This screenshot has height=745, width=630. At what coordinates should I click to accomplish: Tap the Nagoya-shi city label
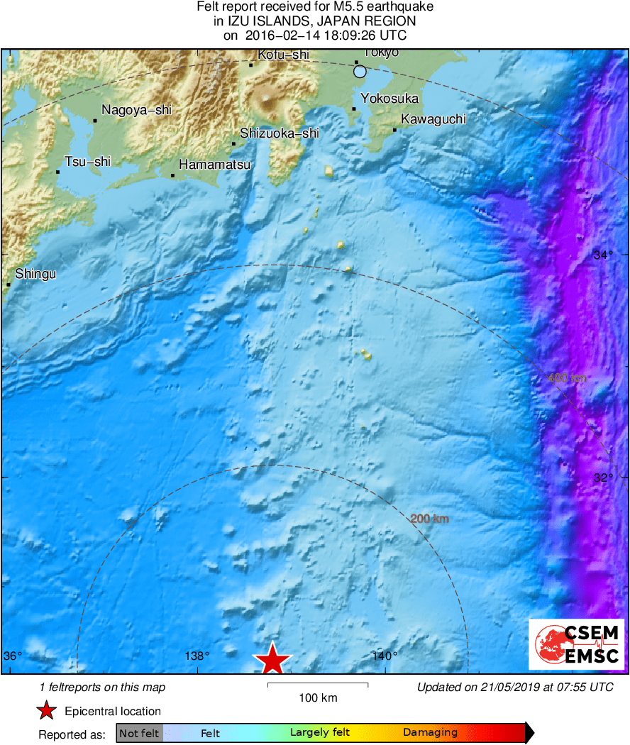(x=136, y=110)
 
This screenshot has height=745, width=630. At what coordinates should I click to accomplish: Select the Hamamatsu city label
(x=214, y=165)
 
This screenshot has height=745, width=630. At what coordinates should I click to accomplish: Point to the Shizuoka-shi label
(x=280, y=133)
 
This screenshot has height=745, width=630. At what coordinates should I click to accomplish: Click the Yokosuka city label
(x=389, y=99)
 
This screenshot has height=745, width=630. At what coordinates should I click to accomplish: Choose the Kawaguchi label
(x=433, y=119)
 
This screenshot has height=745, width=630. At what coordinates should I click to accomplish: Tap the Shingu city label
(x=35, y=274)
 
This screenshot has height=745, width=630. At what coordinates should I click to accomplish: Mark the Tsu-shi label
(x=88, y=162)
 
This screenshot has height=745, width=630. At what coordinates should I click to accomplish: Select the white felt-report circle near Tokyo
(x=360, y=71)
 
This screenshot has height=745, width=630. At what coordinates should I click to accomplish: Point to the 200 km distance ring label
(x=430, y=519)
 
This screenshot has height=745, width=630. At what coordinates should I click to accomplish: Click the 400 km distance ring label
(x=568, y=378)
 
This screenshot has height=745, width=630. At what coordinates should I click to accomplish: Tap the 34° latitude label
(x=602, y=255)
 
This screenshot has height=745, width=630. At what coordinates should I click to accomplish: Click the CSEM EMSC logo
(x=576, y=644)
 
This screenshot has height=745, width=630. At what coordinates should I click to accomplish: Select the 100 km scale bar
(x=318, y=685)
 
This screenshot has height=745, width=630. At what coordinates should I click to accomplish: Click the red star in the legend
(x=47, y=710)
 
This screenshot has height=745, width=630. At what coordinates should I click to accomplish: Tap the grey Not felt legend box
(x=139, y=733)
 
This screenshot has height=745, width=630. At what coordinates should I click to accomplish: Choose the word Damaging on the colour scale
(x=430, y=733)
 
